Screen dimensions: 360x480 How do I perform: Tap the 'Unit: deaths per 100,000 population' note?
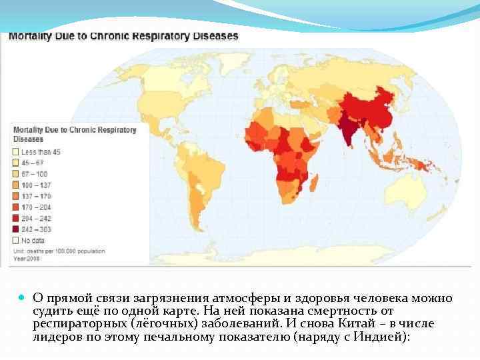pyautogui.click(x=57, y=252)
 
